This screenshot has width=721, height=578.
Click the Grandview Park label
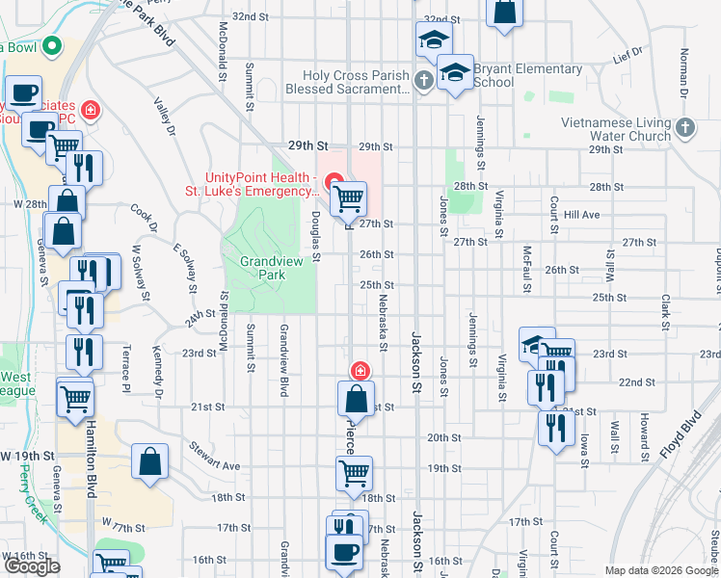click(263, 268)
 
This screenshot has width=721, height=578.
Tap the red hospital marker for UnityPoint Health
click(334, 180)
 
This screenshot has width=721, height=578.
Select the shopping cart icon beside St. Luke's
click(348, 199)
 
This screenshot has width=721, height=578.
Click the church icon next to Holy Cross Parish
click(424, 79)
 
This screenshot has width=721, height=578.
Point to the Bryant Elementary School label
click(527, 76)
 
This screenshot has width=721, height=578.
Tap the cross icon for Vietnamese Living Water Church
click(684, 127)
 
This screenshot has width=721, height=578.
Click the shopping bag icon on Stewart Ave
click(151, 461)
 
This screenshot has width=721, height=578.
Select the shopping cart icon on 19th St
click(354, 473)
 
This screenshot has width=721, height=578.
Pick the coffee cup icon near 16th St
click(344, 552)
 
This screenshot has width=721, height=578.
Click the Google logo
click(32, 566)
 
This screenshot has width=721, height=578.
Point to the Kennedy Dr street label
click(156, 375)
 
